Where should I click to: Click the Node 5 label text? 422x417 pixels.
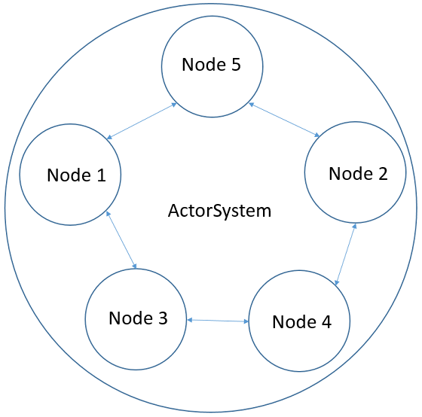[211, 65]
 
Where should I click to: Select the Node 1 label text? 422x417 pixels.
[76, 175]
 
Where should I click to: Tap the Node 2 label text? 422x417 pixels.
[358, 174]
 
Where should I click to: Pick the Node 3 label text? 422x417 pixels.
[138, 318]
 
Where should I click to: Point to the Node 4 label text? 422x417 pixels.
[301, 321]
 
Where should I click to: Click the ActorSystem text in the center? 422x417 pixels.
[219, 211]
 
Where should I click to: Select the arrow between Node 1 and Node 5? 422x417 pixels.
[141, 121]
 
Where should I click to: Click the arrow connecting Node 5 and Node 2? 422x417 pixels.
[285, 120]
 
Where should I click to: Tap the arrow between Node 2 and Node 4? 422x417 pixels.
[345, 254]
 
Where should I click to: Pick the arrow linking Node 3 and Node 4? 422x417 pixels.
[218, 321]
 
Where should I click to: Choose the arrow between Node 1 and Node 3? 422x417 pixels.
[122, 240]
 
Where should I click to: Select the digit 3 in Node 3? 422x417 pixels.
[162, 318]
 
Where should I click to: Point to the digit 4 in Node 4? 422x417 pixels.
[326, 321]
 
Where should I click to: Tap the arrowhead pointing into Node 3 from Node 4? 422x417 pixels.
[190, 321]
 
